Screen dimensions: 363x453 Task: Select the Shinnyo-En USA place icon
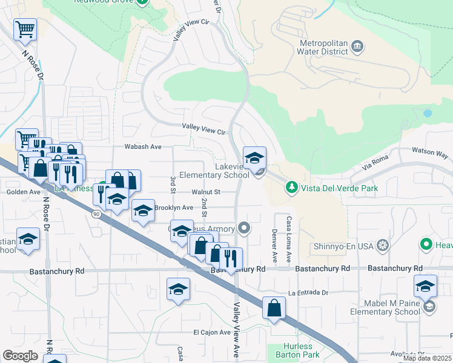pyautogui.click(x=383, y=246)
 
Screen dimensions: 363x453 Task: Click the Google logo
pyautogui.click(x=20, y=355)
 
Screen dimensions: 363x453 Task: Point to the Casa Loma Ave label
pyautogui.click(x=289, y=239)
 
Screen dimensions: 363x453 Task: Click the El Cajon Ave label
pyautogui.click(x=211, y=332)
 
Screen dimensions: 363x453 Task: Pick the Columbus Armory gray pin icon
pyautogui.click(x=244, y=227)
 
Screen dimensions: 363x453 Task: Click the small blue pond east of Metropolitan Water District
pyautogui.click(x=428, y=113)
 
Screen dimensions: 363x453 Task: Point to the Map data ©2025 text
pyautogui.click(x=427, y=358)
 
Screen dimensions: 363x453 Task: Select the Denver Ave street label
pyautogui.click(x=274, y=246)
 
